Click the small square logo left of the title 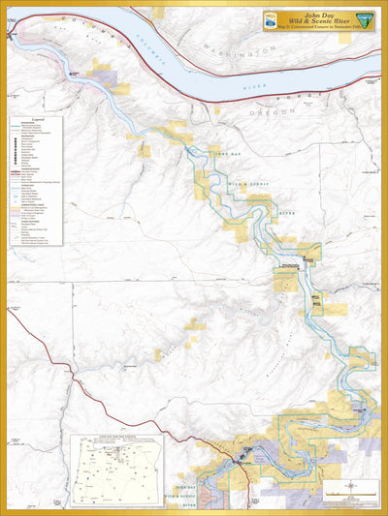coord(273,20)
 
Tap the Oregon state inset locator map coord(115,470)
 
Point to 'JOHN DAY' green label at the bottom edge coord(188,487)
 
